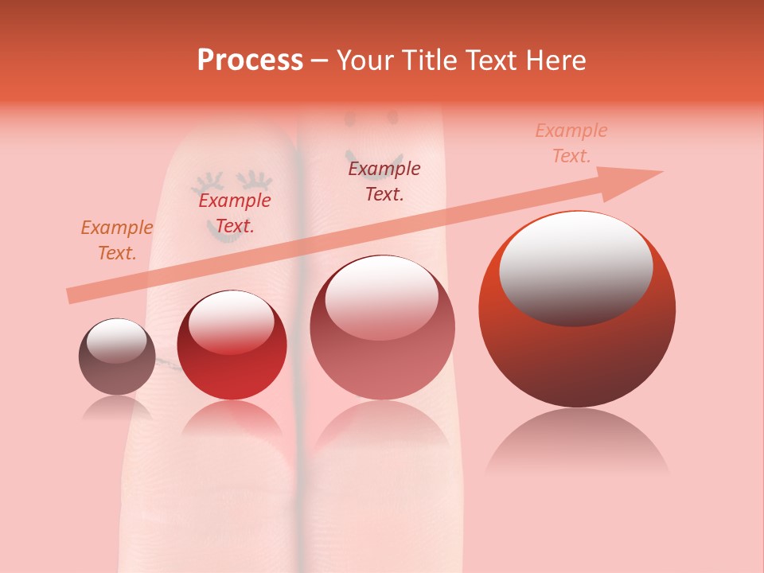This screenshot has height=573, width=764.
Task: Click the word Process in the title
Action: tap(250, 60)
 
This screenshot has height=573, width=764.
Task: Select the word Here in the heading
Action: tap(555, 60)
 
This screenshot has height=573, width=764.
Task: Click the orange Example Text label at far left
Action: tap(117, 240)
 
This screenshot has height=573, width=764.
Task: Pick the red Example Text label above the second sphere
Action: tap(235, 213)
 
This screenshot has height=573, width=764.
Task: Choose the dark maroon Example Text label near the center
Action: tap(384, 181)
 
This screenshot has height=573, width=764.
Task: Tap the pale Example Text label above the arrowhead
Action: tap(571, 143)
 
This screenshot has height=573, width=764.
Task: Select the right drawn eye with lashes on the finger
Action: tap(255, 181)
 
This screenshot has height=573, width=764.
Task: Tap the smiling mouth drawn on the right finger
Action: tap(374, 159)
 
